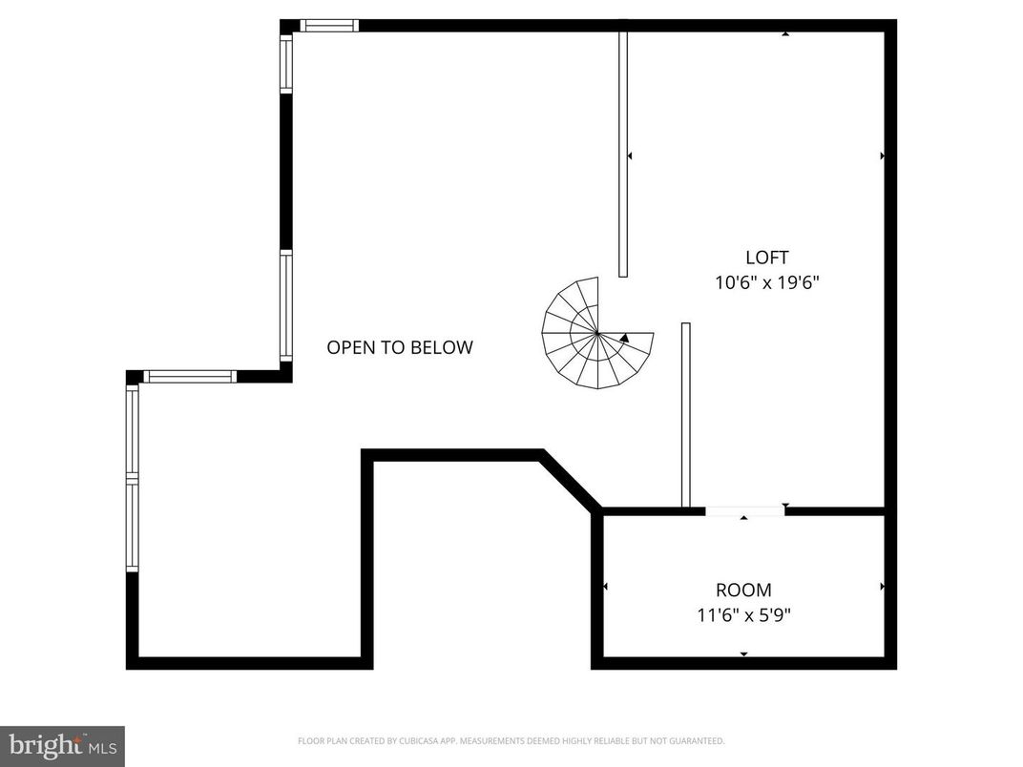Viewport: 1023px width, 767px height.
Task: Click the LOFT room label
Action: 766,258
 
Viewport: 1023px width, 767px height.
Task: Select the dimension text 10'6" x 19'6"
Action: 767,282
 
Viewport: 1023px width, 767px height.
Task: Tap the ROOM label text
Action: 743,591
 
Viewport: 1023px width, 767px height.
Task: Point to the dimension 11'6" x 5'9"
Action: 743,615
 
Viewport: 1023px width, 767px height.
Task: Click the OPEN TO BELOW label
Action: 399,347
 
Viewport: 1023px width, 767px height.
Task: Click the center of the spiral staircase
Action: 597,333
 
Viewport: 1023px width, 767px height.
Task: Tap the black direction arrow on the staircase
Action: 624,338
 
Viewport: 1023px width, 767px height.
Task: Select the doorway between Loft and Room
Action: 744,512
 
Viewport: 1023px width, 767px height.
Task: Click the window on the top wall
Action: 329,26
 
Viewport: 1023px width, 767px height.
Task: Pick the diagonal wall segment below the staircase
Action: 571,481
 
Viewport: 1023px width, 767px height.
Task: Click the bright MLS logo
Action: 62,745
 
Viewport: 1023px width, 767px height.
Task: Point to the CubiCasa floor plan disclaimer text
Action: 511,740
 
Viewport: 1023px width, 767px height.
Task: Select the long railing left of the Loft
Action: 623,153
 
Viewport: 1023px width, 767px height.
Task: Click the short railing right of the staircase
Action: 685,415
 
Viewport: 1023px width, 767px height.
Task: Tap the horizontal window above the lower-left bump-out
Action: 189,377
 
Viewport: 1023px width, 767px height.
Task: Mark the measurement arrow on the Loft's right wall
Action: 882,155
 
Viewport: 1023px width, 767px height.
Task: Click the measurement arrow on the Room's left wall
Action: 605,586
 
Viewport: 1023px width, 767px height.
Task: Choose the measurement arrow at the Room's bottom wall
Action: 743,654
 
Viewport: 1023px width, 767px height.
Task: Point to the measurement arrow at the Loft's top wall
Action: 785,34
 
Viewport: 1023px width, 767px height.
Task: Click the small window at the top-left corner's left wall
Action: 285,64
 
